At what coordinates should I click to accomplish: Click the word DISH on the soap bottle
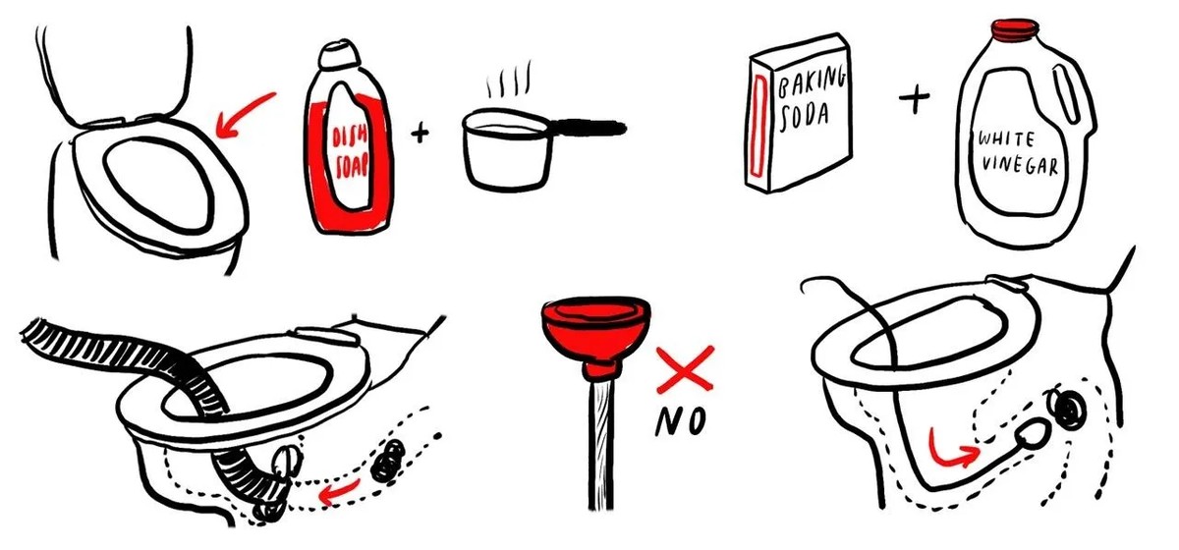click(x=349, y=137)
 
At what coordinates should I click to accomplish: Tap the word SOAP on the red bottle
click(x=352, y=165)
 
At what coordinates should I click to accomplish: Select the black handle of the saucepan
click(x=589, y=127)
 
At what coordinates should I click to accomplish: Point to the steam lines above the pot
click(x=509, y=79)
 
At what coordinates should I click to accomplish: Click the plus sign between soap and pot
click(x=420, y=133)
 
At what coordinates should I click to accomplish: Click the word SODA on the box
click(x=805, y=116)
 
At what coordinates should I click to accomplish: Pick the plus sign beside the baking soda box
click(x=915, y=98)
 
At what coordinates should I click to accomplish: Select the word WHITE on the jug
click(x=1006, y=138)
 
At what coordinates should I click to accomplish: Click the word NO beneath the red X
click(x=680, y=420)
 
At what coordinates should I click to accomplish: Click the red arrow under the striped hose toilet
click(x=339, y=491)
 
